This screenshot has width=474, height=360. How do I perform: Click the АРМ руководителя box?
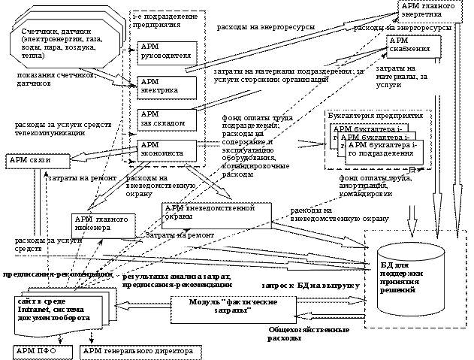[166, 50]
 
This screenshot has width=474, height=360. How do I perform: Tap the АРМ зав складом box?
[166, 119]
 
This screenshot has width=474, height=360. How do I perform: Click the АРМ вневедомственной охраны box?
[216, 214]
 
